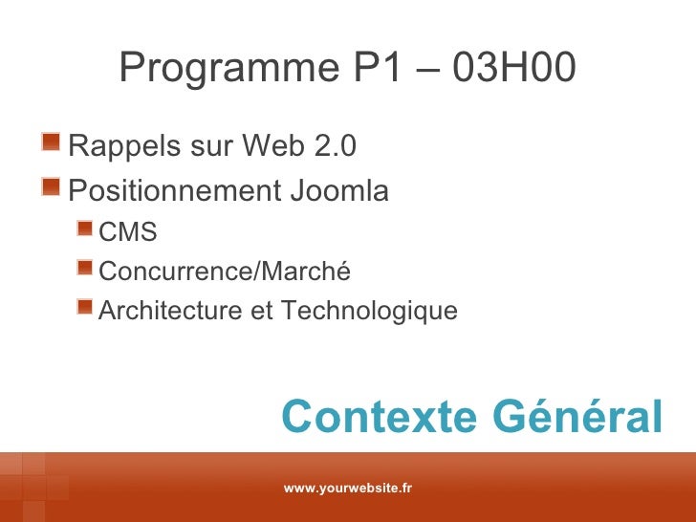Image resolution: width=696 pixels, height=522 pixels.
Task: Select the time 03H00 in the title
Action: tap(515, 68)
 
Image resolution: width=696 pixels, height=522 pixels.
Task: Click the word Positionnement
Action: tap(167, 192)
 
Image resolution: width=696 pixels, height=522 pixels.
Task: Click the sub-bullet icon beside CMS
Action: tap(86, 230)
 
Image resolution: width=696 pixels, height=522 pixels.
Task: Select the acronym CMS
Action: tap(128, 232)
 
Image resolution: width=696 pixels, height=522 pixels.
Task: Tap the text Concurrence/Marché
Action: tap(226, 272)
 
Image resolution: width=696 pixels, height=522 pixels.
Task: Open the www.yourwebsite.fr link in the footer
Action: tap(348, 489)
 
